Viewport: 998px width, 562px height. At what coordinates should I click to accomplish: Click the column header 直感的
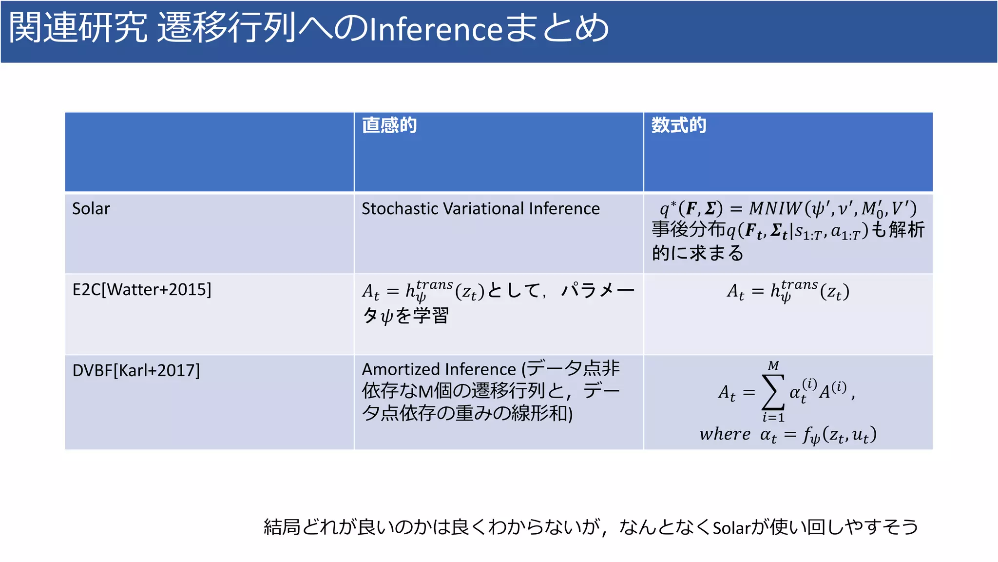click(389, 125)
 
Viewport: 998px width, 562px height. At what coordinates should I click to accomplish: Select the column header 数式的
click(679, 125)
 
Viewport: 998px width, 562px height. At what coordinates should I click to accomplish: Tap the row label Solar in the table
click(91, 209)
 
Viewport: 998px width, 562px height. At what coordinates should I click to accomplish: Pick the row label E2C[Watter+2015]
click(142, 290)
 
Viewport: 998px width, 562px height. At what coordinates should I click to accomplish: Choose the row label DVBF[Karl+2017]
click(136, 371)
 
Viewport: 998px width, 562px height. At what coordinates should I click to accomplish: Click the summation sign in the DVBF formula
click(773, 391)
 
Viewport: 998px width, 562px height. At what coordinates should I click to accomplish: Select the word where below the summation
click(725, 434)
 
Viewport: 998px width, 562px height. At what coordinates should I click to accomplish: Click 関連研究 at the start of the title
click(78, 28)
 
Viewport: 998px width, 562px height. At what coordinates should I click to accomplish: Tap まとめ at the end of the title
click(556, 28)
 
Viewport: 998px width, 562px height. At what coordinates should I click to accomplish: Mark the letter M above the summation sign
click(773, 365)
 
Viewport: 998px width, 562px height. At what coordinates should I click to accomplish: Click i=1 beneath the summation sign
click(773, 418)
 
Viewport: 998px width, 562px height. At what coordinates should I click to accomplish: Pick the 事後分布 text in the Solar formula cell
click(689, 229)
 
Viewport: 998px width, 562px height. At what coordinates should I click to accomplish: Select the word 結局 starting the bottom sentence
click(282, 527)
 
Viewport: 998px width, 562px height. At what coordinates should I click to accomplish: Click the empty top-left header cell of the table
click(209, 152)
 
